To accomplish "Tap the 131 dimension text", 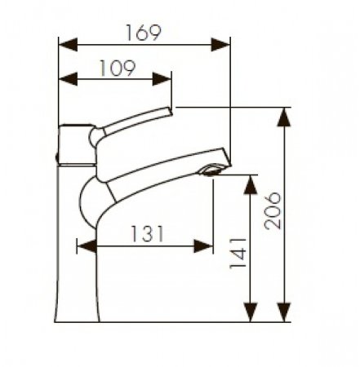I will click(x=146, y=233).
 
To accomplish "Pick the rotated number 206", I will click(x=273, y=211).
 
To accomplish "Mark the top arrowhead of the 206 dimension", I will click(x=284, y=117).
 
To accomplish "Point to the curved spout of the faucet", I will click(x=147, y=175).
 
